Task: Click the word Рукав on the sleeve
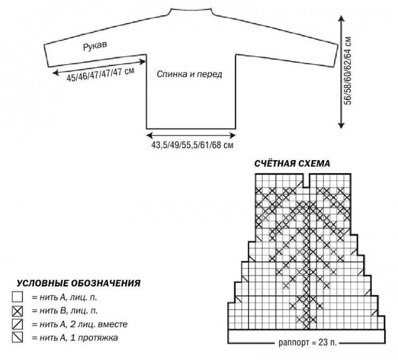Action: coord(95,47)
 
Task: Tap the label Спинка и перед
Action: coord(189,74)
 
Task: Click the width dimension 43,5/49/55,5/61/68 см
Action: coord(192,146)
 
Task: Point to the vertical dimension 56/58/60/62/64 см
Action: coord(348,71)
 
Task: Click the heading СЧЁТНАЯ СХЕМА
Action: coord(292,164)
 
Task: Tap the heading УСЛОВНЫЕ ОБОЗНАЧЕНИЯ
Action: coord(79,283)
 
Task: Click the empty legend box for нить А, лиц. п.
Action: coord(18,298)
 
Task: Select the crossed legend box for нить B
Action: coord(18,311)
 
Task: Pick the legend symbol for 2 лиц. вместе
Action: coord(18,325)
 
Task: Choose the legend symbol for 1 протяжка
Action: coord(18,338)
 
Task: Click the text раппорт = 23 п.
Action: coord(306,342)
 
